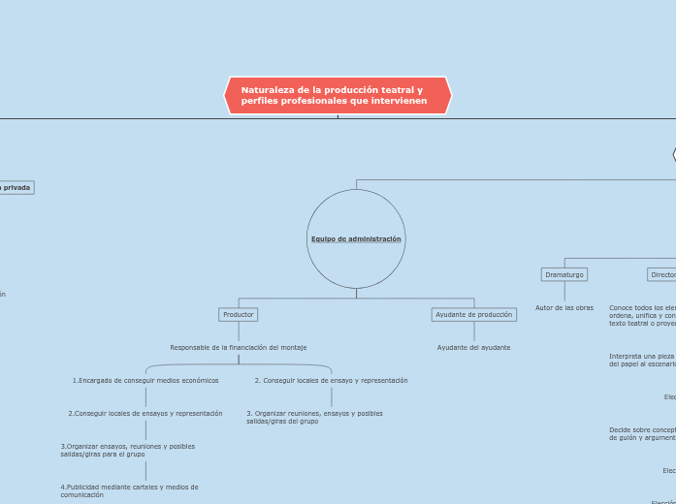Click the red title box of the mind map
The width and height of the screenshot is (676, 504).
[338, 96]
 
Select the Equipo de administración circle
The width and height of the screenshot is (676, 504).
[356, 238]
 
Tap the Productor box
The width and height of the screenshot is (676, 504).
[239, 314]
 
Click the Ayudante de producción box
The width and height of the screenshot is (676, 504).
[474, 314]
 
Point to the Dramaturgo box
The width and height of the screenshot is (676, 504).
[564, 274]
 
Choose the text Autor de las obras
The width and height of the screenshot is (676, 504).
[564, 307]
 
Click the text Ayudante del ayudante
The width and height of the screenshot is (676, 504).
[473, 347]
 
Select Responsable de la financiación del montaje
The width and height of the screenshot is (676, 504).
[239, 347]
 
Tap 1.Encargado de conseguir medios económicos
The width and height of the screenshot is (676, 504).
[145, 380]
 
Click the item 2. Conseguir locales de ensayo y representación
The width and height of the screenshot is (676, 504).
[331, 380]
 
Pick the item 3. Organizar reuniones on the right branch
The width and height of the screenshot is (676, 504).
[314, 417]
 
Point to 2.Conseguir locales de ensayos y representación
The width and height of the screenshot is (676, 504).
[145, 413]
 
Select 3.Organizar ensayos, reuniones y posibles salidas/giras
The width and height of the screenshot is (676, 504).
[127, 450]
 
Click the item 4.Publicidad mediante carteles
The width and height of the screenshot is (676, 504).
[129, 490]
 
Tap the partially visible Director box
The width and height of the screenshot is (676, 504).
[662, 274]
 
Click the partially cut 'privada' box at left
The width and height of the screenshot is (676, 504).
[16, 187]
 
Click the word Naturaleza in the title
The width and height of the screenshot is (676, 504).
[267, 90]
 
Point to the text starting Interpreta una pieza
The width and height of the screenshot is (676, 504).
[641, 360]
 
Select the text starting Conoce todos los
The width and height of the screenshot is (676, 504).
[641, 315]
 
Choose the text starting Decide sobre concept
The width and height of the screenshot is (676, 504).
[641, 433]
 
